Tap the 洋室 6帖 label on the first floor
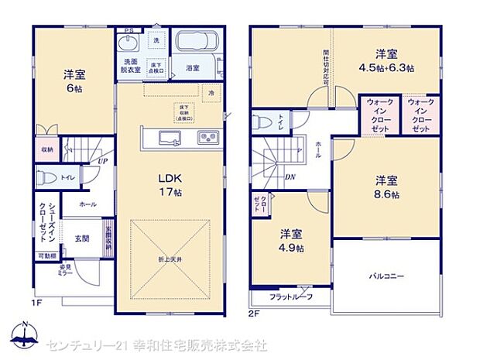click(x=74, y=81)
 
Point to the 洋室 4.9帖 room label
click(x=291, y=240)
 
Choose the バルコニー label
click(x=384, y=275)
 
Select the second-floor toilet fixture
click(x=262, y=121)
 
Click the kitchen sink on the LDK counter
click(x=170, y=138)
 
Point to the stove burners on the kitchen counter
click(x=209, y=138)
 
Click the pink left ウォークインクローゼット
click(x=379, y=115)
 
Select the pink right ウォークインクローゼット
click(x=420, y=115)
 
